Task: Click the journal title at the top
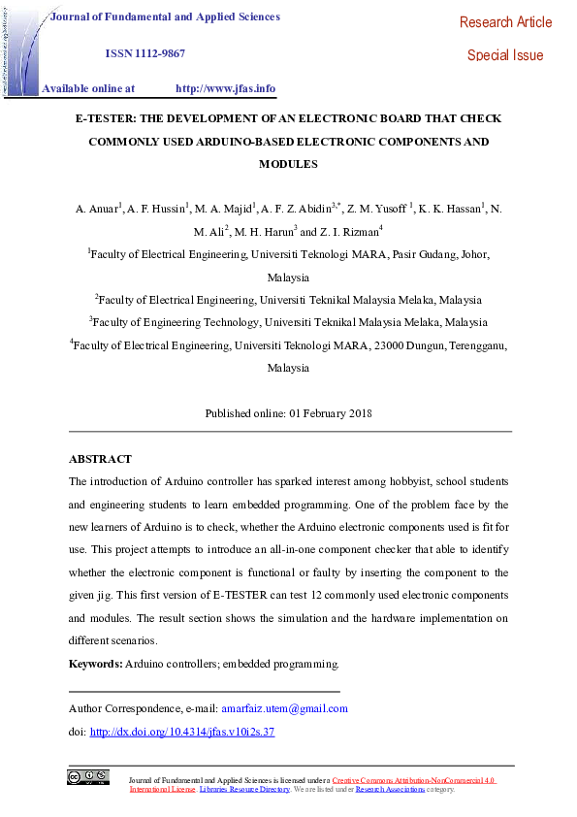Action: pos(164,16)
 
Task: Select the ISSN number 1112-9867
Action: pos(144,53)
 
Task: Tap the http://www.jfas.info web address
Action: pos(225,88)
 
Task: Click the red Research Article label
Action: pos(505,22)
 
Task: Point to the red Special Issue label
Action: pos(505,55)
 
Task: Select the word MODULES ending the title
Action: pos(288,165)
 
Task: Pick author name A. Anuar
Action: pos(97,209)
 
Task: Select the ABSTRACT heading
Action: pos(100,459)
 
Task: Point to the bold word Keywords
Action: pos(95,664)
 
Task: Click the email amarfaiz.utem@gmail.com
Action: pos(284,708)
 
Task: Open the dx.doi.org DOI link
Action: pos(182,732)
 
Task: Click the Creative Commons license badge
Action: pos(87,776)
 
